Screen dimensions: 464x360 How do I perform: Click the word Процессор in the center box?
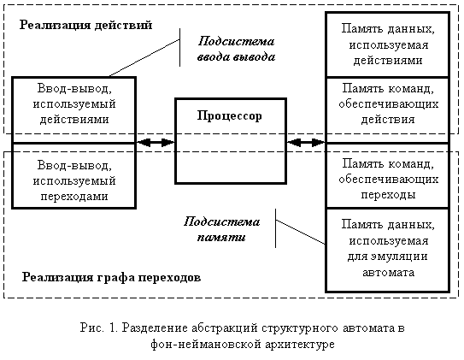click(230, 115)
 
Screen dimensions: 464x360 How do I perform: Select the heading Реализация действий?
click(85, 25)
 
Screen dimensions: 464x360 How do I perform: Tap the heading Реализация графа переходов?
click(112, 277)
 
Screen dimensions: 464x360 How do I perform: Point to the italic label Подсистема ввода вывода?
click(236, 49)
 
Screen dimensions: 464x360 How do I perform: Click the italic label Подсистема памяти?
click(221, 229)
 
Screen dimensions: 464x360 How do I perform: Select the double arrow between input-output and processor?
click(156, 143)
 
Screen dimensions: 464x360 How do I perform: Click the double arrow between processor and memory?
click(306, 143)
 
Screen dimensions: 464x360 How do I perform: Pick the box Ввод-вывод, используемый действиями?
click(74, 109)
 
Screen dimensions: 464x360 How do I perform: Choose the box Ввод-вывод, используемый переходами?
click(74, 176)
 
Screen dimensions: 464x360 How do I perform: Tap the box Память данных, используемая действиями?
click(388, 44)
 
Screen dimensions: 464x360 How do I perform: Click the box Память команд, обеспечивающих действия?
click(388, 110)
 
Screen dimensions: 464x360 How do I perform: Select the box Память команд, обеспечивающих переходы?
click(388, 176)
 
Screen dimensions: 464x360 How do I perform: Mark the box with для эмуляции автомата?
click(388, 251)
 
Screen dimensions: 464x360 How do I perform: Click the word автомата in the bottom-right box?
click(388, 273)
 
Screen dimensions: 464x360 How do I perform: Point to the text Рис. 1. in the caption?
click(99, 328)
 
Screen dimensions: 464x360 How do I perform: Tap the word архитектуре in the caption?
click(300, 345)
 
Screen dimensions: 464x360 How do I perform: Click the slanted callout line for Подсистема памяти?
click(300, 232)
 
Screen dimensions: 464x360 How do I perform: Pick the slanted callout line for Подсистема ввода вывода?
click(144, 58)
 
